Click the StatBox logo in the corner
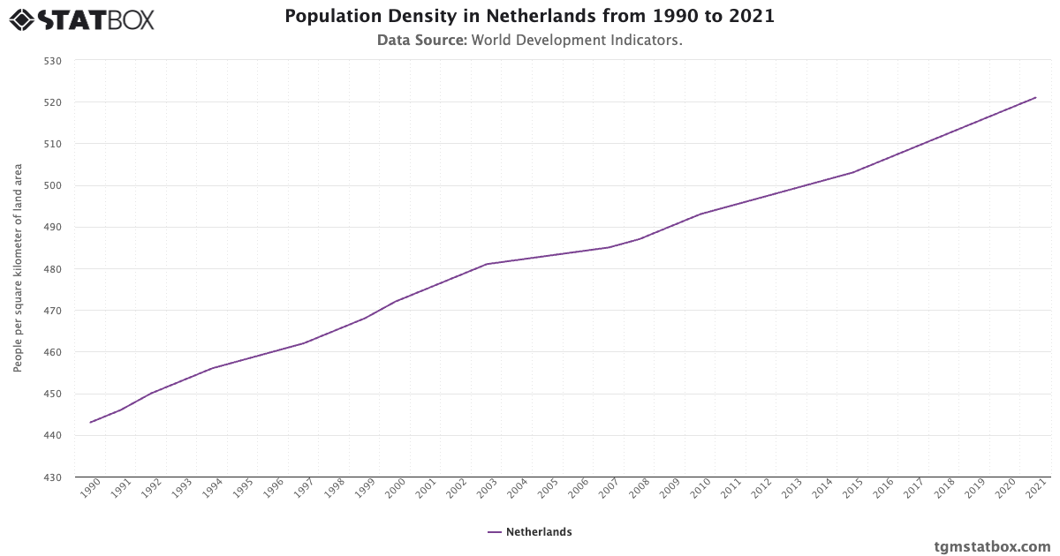point(82,19)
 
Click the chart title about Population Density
point(529,16)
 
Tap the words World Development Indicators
point(577,40)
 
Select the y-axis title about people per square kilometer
point(18,268)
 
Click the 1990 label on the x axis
point(89,488)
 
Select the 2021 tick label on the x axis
point(1034,488)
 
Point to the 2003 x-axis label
point(486,488)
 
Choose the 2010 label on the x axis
point(700,488)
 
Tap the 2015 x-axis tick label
point(852,488)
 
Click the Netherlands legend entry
point(529,532)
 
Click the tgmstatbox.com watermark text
point(992,546)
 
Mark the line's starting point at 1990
point(90,422)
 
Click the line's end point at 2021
point(1035,97)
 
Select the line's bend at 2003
point(487,264)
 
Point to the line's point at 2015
point(852,172)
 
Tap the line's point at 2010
point(700,214)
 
